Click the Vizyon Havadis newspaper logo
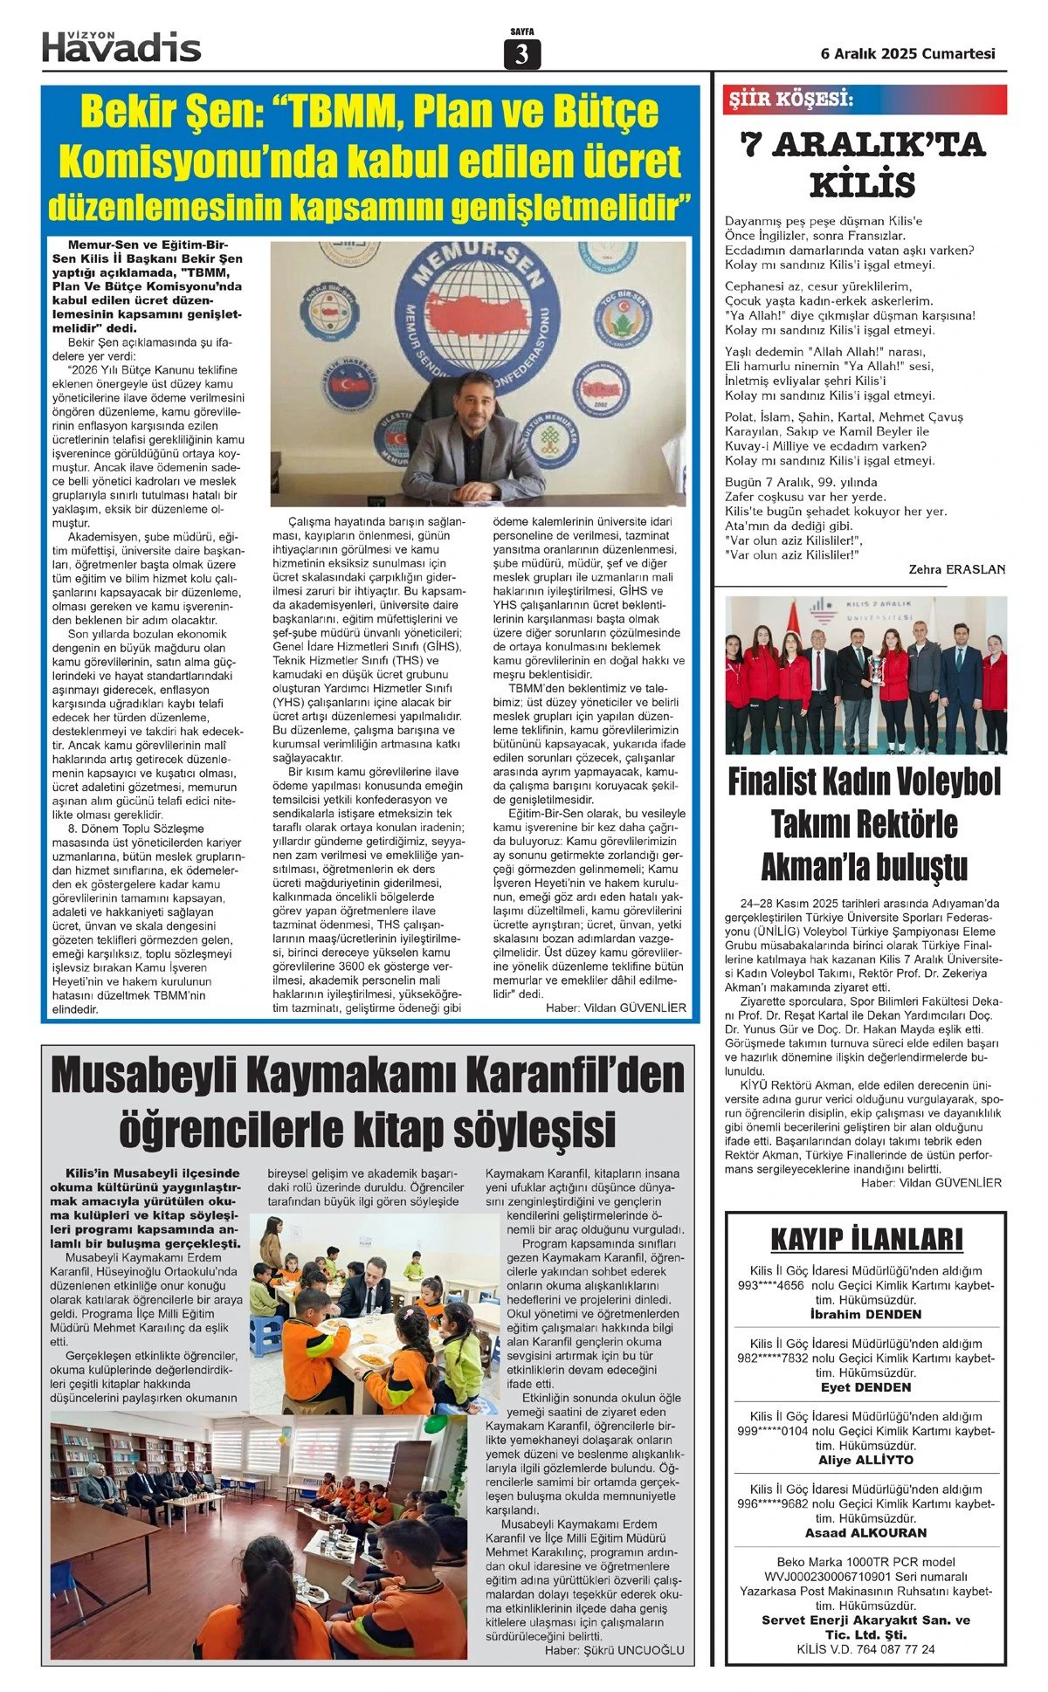click(121, 46)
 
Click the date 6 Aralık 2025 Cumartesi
click(907, 53)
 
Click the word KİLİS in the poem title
click(863, 185)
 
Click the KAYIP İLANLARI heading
click(866, 1239)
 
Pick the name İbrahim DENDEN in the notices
click(865, 1314)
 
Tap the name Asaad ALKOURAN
click(865, 1532)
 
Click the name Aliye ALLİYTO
click(865, 1460)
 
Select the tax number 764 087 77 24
click(890, 1649)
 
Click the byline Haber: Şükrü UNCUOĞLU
click(615, 1650)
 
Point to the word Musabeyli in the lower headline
click(169, 1076)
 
